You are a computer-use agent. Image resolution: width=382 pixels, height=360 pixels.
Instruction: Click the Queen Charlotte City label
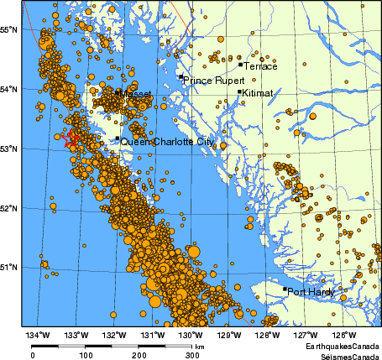tap(166, 143)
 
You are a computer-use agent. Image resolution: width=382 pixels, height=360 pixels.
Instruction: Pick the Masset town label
tap(137, 95)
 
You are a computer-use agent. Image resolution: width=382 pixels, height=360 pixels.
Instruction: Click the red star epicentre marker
tap(72, 138)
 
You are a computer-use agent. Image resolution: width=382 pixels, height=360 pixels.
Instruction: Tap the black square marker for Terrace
tap(240, 64)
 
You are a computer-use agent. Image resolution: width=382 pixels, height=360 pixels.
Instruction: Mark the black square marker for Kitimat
tap(239, 92)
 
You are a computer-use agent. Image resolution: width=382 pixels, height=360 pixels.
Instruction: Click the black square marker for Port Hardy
tap(285, 290)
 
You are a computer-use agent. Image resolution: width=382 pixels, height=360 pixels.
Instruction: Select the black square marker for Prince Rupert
tap(180, 77)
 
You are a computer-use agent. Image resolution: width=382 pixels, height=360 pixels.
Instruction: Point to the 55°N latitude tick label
tap(9, 29)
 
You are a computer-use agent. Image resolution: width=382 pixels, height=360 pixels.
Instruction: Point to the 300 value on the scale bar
tap(191, 355)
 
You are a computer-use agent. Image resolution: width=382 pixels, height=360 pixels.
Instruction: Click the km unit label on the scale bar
tap(199, 346)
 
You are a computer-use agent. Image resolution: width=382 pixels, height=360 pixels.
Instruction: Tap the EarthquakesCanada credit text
tap(342, 347)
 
